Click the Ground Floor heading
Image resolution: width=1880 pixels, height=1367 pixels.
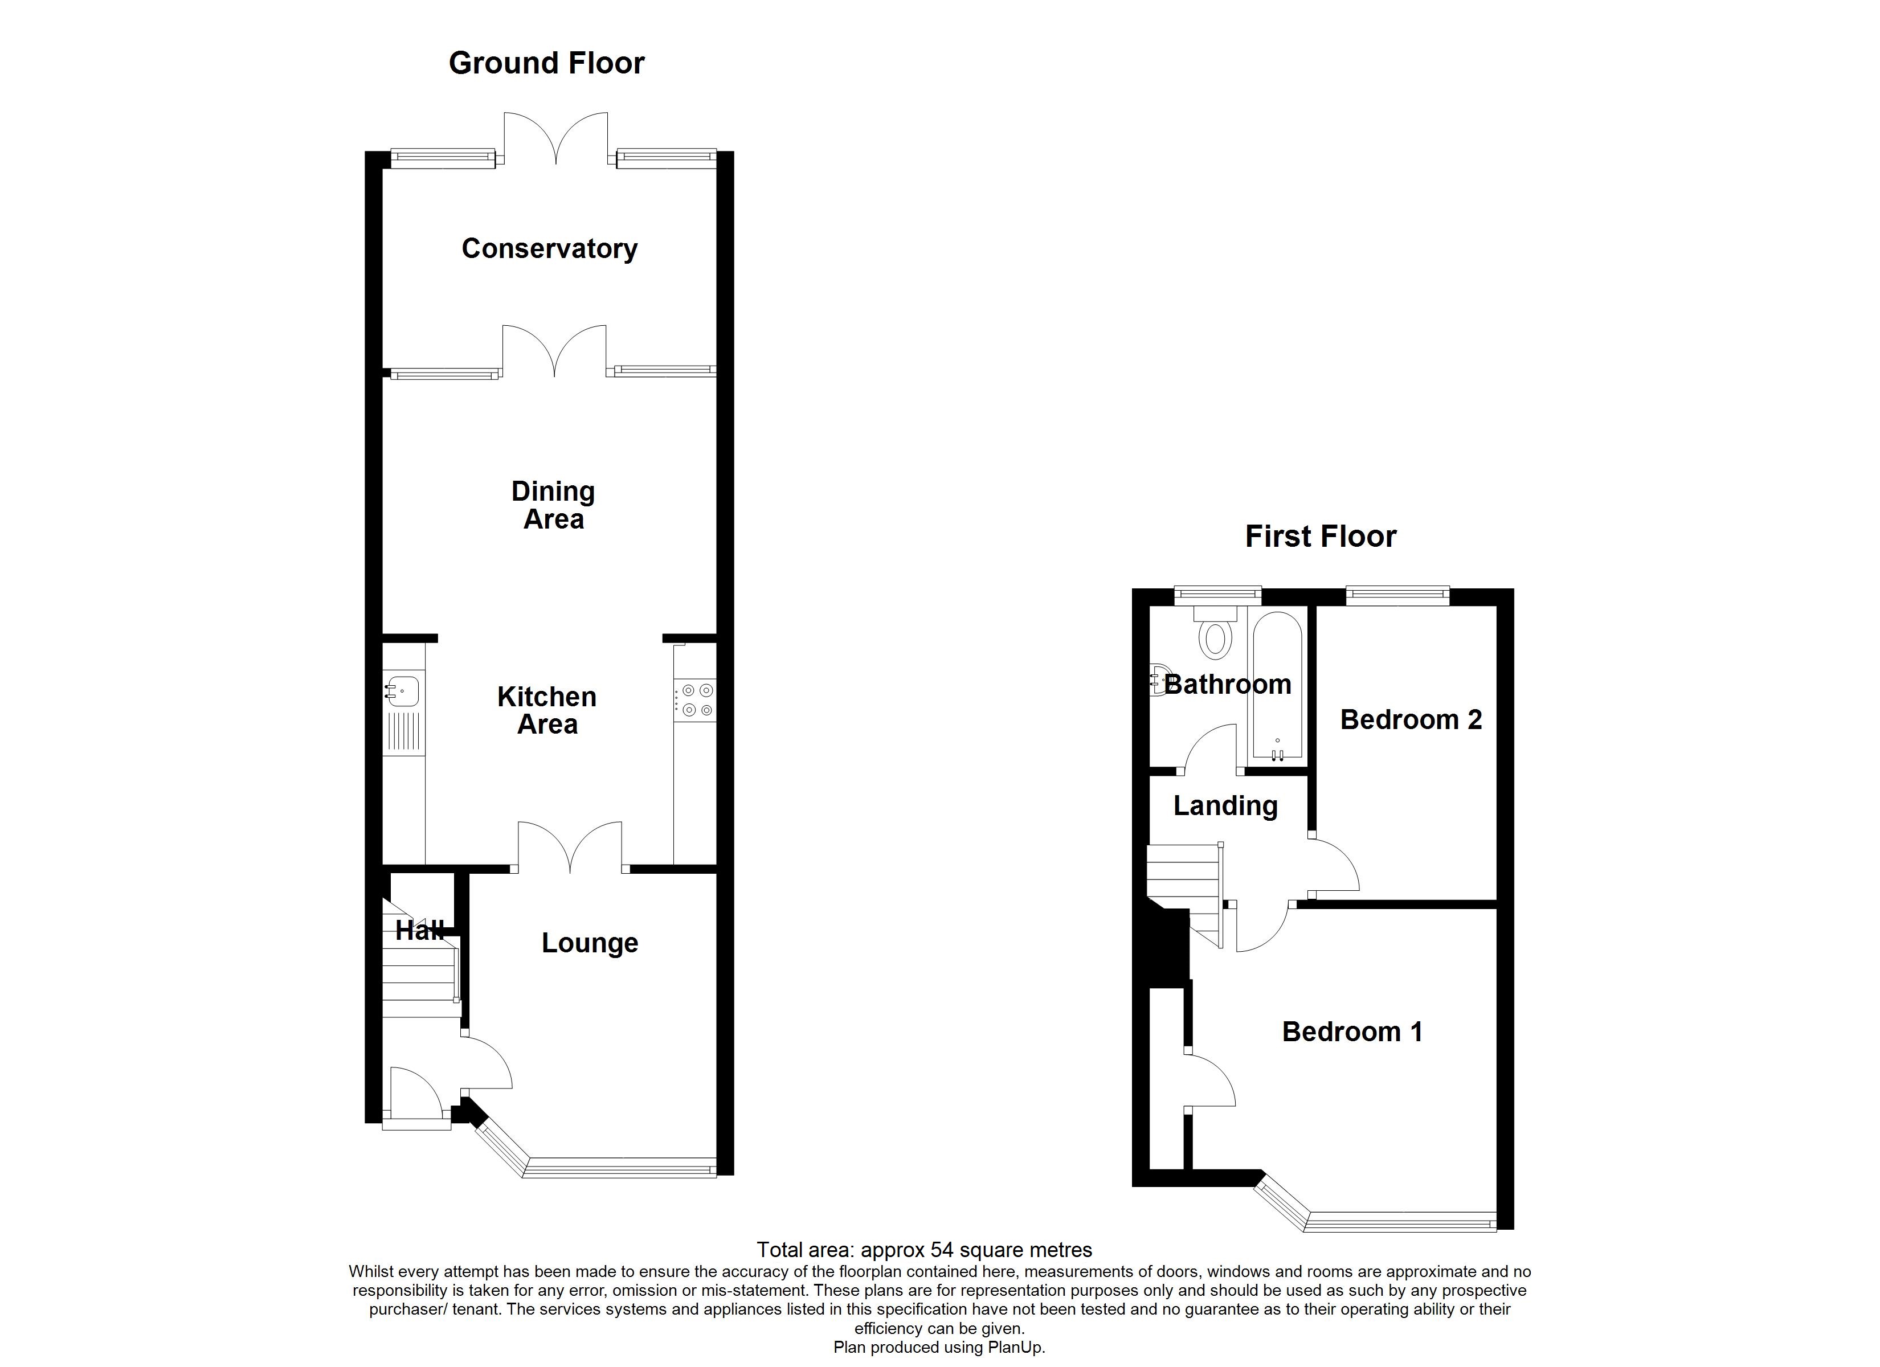pos(546,64)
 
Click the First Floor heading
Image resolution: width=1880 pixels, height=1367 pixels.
pos(1321,537)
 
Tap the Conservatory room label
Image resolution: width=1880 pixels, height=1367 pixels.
pos(550,249)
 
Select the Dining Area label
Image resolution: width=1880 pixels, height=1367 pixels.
pos(553,505)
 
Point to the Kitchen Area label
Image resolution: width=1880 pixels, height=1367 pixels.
pos(547,710)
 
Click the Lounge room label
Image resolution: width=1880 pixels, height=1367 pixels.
pos(590,943)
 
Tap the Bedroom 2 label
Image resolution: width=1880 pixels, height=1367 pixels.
pos(1411,719)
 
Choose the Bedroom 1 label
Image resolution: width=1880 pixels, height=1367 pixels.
pos(1352,1032)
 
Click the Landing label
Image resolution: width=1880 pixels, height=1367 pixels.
pos(1225,806)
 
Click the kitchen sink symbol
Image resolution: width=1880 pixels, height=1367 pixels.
pos(402,690)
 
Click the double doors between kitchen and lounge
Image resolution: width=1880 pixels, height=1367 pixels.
pos(570,847)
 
